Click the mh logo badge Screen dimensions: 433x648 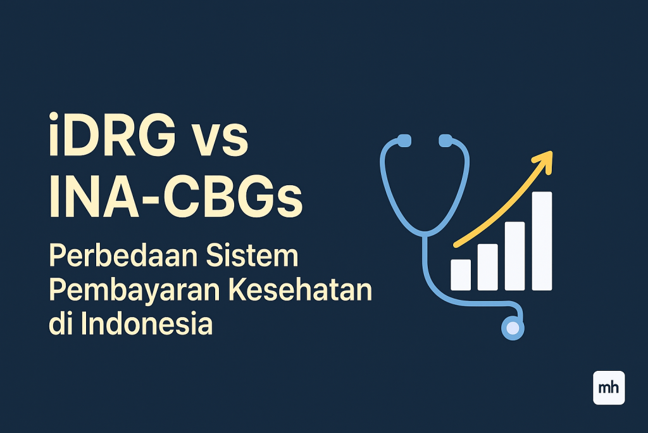pyautogui.click(x=609, y=387)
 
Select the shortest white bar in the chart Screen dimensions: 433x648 pyautogui.click(x=460, y=275)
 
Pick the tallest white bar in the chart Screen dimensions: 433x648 pyautogui.click(x=542, y=241)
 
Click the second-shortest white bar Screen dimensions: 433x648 pyautogui.click(x=487, y=267)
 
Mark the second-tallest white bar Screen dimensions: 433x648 pyautogui.click(x=514, y=255)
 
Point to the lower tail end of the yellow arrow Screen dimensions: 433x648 pyautogui.click(x=456, y=245)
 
